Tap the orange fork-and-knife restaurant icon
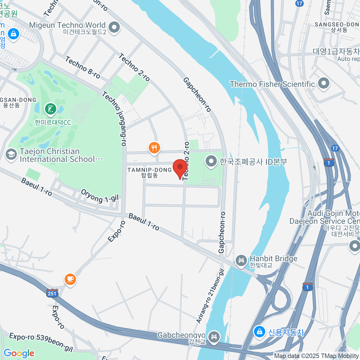click(x=154, y=148)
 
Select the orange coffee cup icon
click(x=70, y=279)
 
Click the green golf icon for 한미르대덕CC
click(x=51, y=109)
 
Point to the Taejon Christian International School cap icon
click(x=11, y=155)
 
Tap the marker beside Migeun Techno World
click(x=114, y=28)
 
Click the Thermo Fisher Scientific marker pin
click(x=323, y=84)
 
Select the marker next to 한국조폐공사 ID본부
click(x=211, y=161)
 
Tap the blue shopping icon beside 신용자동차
click(x=259, y=332)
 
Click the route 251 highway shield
click(x=52, y=293)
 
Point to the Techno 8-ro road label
click(x=82, y=67)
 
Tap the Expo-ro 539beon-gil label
click(x=41, y=342)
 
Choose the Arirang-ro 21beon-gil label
click(x=210, y=296)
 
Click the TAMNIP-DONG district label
click(x=149, y=172)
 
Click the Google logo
click(x=19, y=353)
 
